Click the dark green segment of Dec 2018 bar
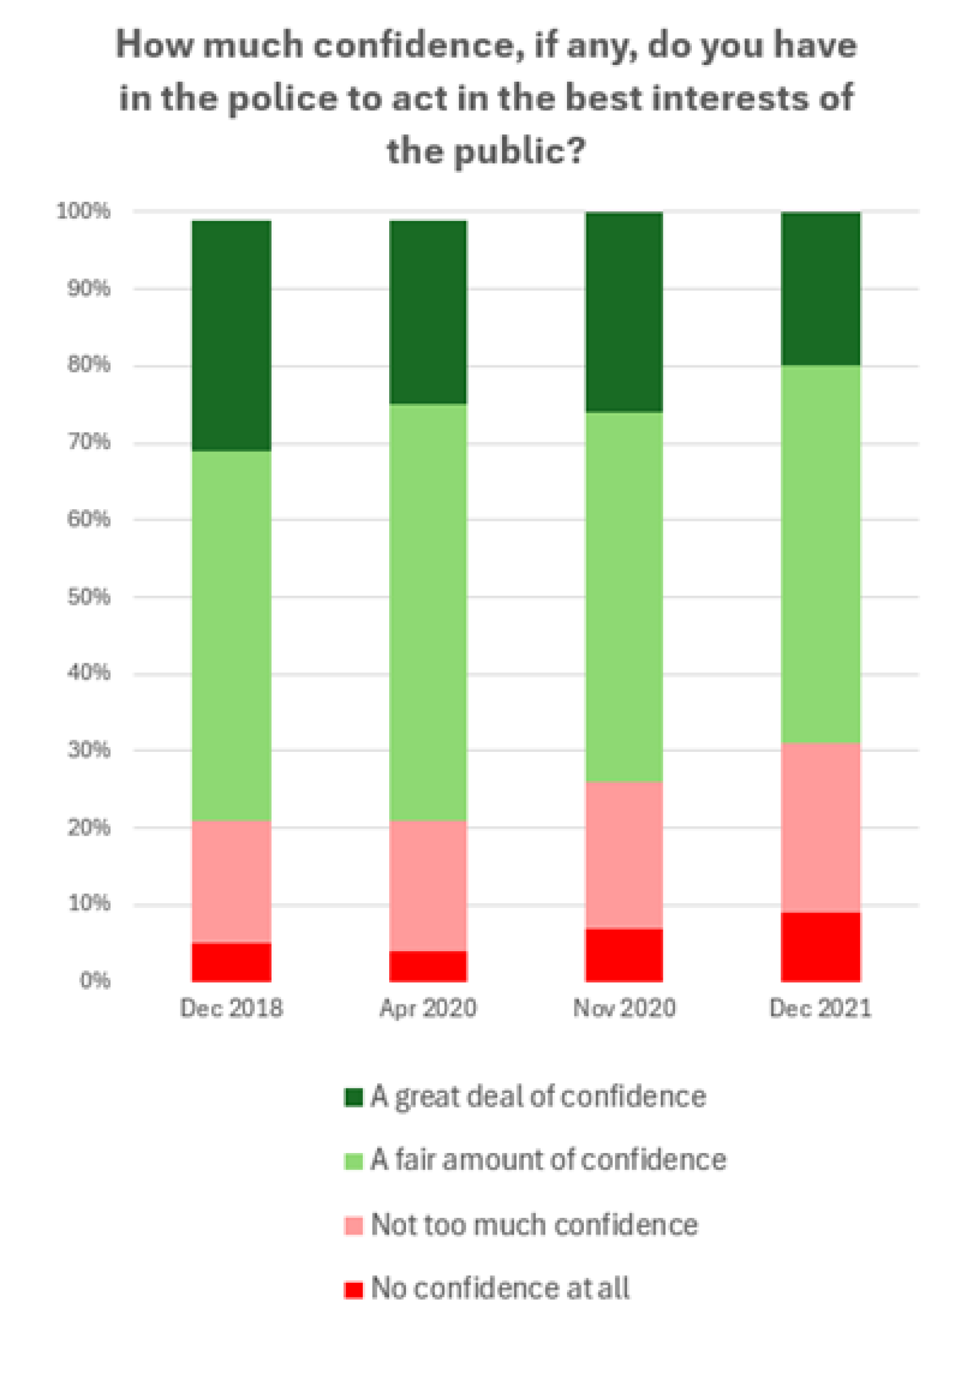point(231,336)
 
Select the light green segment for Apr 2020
point(428,612)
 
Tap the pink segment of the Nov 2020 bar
point(624,855)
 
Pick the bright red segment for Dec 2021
point(820,946)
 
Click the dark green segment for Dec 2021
point(820,289)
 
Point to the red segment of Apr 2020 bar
point(428,966)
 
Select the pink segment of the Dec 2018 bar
point(231,881)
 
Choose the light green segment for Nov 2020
point(624,596)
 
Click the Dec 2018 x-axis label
point(231,1008)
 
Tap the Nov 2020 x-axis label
point(624,1008)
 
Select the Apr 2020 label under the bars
point(428,1008)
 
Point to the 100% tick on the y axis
point(83,211)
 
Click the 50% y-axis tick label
point(89,597)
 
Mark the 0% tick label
point(95,980)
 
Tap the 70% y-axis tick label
point(89,442)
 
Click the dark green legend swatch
point(353,1097)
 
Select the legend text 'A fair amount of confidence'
point(548,1160)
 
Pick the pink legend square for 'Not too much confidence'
point(353,1225)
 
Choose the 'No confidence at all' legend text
point(500,1288)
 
